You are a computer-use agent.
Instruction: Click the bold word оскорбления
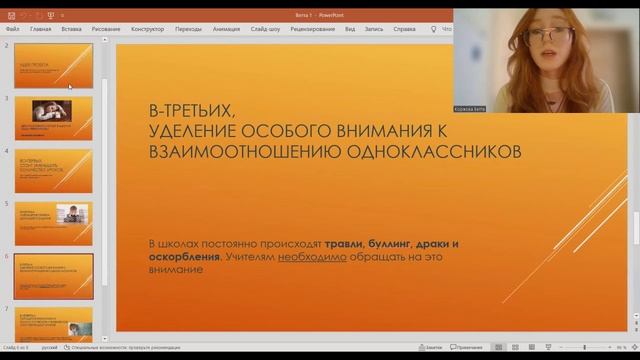click(x=183, y=257)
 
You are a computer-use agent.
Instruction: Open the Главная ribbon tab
click(x=41, y=29)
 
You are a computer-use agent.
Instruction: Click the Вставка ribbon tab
click(x=71, y=29)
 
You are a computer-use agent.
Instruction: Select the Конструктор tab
click(x=147, y=29)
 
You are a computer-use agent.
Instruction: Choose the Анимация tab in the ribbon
click(x=226, y=29)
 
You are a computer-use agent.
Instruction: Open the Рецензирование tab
click(x=313, y=29)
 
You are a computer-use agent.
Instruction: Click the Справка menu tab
click(x=404, y=29)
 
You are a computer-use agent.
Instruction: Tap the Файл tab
click(x=12, y=29)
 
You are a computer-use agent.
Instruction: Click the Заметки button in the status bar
click(x=432, y=347)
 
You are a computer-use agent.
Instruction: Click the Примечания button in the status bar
click(x=466, y=347)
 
